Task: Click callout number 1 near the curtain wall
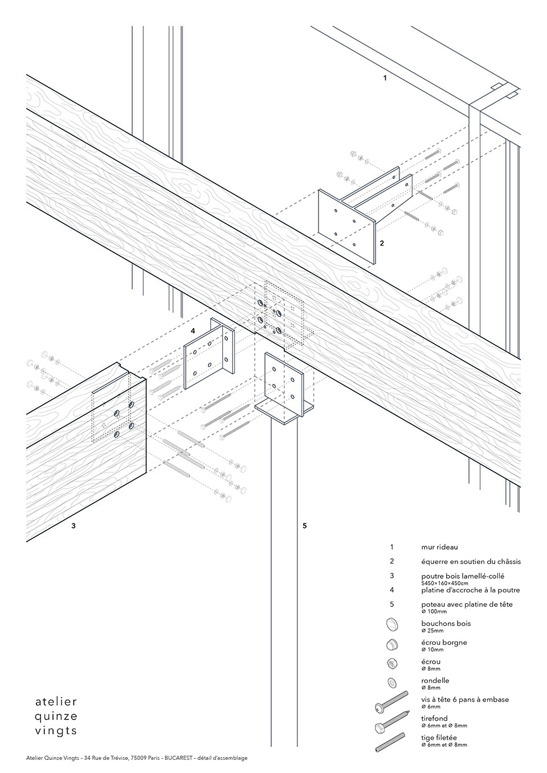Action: pyautogui.click(x=385, y=77)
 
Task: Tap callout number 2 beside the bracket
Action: pyautogui.click(x=382, y=243)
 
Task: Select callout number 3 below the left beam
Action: pyautogui.click(x=74, y=526)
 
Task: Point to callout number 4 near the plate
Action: pyautogui.click(x=193, y=330)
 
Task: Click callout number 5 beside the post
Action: pyautogui.click(x=305, y=526)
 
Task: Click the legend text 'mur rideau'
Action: pyautogui.click(x=439, y=547)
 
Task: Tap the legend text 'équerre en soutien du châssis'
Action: pyautogui.click(x=471, y=562)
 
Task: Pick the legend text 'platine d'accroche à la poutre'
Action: pyautogui.click(x=470, y=590)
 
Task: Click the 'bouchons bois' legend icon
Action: pyautogui.click(x=391, y=624)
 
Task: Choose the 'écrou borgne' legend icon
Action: pyautogui.click(x=391, y=644)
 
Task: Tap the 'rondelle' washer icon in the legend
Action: pyautogui.click(x=391, y=682)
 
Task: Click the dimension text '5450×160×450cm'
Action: pyautogui.click(x=444, y=583)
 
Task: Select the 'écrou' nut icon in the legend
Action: pyautogui.click(x=391, y=663)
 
